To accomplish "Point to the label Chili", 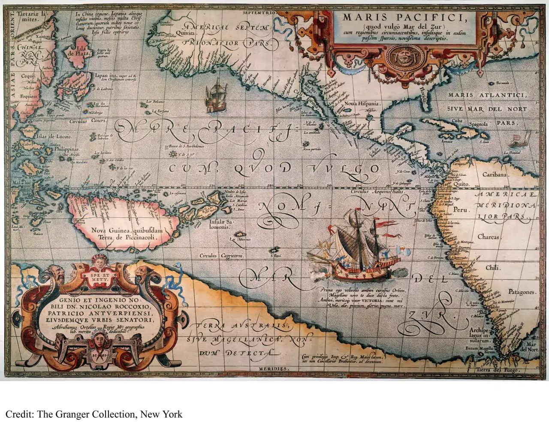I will [x=492, y=268].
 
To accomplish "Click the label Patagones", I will [x=522, y=292].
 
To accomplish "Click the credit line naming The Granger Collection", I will [x=94, y=414].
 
